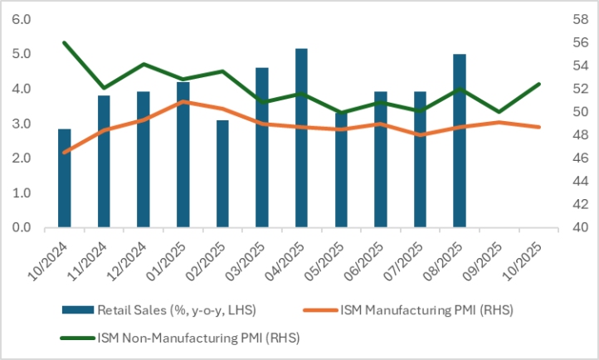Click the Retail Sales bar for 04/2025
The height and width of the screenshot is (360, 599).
click(x=301, y=138)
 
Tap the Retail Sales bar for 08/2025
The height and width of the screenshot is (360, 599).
click(x=459, y=140)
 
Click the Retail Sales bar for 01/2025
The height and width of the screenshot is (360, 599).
click(x=183, y=154)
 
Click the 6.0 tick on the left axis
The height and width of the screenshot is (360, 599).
click(x=22, y=19)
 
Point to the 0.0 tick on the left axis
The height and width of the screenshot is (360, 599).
click(x=22, y=228)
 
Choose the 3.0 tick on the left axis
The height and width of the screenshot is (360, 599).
click(x=22, y=124)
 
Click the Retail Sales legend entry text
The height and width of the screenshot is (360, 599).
click(x=176, y=310)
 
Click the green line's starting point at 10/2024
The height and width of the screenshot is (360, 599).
click(x=65, y=42)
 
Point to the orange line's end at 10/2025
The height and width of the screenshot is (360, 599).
click(x=538, y=127)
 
